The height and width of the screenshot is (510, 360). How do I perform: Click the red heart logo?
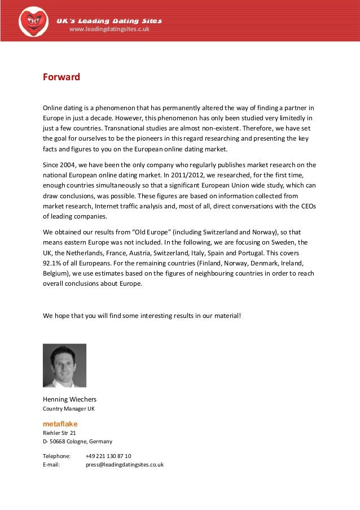33,21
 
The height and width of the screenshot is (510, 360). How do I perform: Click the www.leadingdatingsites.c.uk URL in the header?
109,29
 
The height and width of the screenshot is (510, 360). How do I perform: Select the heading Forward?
62,77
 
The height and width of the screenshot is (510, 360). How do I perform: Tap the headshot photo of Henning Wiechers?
64,365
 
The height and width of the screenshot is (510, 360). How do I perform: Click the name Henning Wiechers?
69,399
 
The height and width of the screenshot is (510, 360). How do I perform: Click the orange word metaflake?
60,424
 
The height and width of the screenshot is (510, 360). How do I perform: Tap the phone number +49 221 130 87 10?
108,456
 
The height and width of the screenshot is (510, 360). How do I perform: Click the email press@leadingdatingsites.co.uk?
125,464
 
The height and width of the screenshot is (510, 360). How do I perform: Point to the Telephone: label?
57,456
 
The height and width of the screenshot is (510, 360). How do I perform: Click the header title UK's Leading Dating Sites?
109,21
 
